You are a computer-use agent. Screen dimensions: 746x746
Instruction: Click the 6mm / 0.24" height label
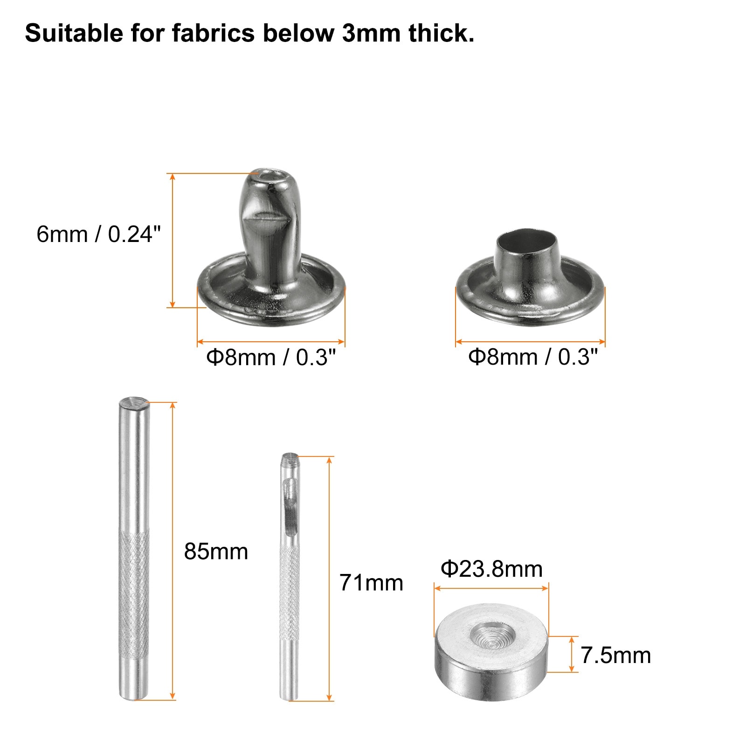pyautogui.click(x=98, y=234)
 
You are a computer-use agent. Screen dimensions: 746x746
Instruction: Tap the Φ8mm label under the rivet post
pyautogui.click(x=271, y=358)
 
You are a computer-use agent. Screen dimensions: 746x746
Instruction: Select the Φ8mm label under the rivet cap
pyautogui.click(x=533, y=357)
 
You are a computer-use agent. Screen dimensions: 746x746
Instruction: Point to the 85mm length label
pyautogui.click(x=216, y=552)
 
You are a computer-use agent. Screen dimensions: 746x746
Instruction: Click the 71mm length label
pyautogui.click(x=371, y=583)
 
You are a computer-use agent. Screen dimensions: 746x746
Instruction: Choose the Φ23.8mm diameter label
pyautogui.click(x=491, y=569)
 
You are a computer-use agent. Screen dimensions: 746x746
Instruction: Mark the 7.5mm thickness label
pyautogui.click(x=615, y=656)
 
